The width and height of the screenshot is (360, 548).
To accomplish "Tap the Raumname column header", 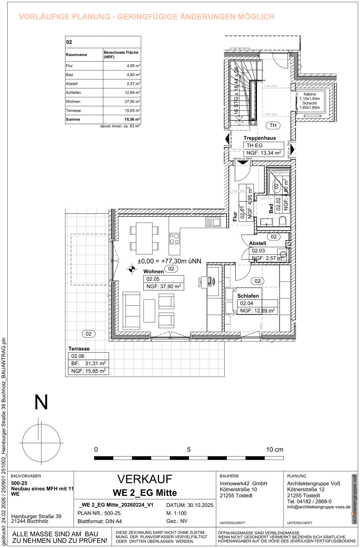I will tap(76, 55).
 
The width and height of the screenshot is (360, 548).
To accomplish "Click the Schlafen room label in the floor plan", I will tap(248, 296).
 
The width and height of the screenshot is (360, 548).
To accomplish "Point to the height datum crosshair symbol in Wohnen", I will tap(132, 269).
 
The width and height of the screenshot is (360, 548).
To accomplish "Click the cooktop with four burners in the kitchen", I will tap(174, 239).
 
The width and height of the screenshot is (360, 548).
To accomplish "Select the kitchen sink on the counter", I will tap(213, 222).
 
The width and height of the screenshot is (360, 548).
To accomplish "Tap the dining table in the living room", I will tap(144, 238).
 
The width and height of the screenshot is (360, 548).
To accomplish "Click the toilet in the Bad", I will tap(282, 221).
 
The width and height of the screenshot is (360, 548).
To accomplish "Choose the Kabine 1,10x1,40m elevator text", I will tap(310, 96).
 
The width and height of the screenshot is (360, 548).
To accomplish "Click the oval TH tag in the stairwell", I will tap(273, 125).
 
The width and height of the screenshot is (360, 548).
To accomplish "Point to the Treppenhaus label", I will tap(260, 138).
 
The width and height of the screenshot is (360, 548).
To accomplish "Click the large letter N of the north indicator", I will tap(41, 402).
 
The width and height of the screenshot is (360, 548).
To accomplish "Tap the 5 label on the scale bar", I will tap(189, 450).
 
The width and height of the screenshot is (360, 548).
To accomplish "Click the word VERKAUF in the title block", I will tap(145, 479).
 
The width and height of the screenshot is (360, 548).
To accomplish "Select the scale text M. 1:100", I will tap(176, 513).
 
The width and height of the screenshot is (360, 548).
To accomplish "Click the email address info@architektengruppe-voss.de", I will tap(319, 507).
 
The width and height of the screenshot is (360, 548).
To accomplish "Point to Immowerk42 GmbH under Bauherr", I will tap(243, 483).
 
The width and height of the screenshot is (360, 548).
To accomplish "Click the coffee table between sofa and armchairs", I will tap(149, 311).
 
